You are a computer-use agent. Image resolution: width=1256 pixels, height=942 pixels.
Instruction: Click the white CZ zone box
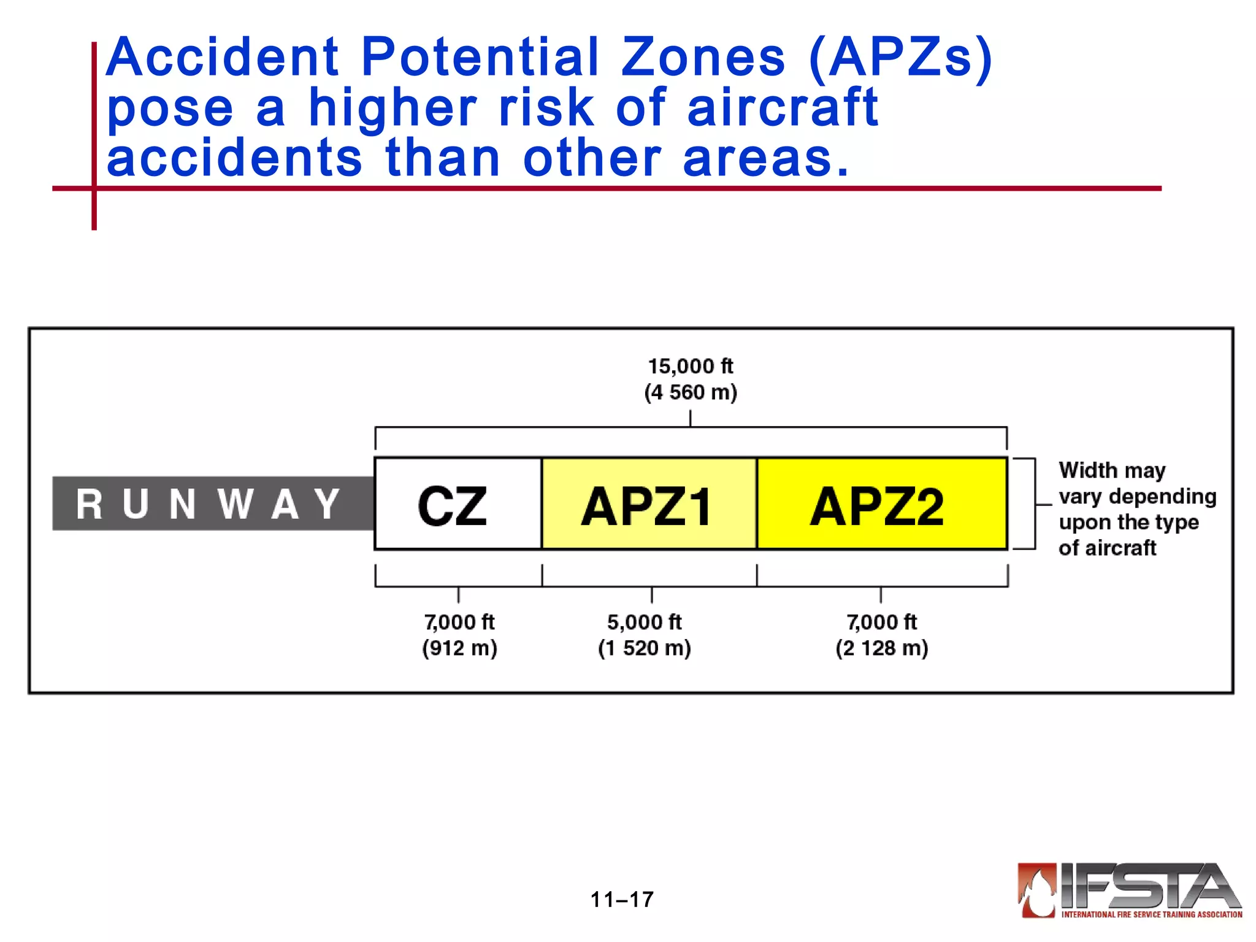coord(458,504)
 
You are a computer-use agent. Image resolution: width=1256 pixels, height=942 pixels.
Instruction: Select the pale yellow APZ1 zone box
coord(649,504)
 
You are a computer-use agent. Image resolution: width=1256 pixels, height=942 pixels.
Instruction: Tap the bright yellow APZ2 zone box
coord(881,504)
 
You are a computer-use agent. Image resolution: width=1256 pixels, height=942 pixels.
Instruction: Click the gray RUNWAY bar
coord(212,504)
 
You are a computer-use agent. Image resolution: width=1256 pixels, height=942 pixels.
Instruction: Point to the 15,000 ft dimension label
coord(691,366)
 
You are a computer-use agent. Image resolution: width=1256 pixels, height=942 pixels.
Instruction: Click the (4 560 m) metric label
coord(691,392)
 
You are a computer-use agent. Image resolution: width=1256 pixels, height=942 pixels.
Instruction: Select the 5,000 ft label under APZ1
coord(644,622)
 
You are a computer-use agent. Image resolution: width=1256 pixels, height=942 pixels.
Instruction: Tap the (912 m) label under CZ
coord(459,648)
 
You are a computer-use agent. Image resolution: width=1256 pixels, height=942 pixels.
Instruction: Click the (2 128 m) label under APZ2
coord(881,648)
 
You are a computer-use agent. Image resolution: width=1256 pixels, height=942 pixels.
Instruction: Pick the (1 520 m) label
coord(644,648)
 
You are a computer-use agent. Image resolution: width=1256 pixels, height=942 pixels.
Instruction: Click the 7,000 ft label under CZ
coord(459,622)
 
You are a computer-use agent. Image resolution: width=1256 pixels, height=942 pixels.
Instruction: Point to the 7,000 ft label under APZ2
coord(881,622)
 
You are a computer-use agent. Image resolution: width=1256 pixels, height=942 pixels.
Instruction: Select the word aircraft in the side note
coord(1119,548)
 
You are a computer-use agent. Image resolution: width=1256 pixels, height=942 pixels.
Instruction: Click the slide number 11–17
coord(622,900)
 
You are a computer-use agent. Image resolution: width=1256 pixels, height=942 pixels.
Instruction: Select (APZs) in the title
coord(900,58)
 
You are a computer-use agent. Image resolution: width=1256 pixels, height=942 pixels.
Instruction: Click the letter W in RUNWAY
coord(235,504)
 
